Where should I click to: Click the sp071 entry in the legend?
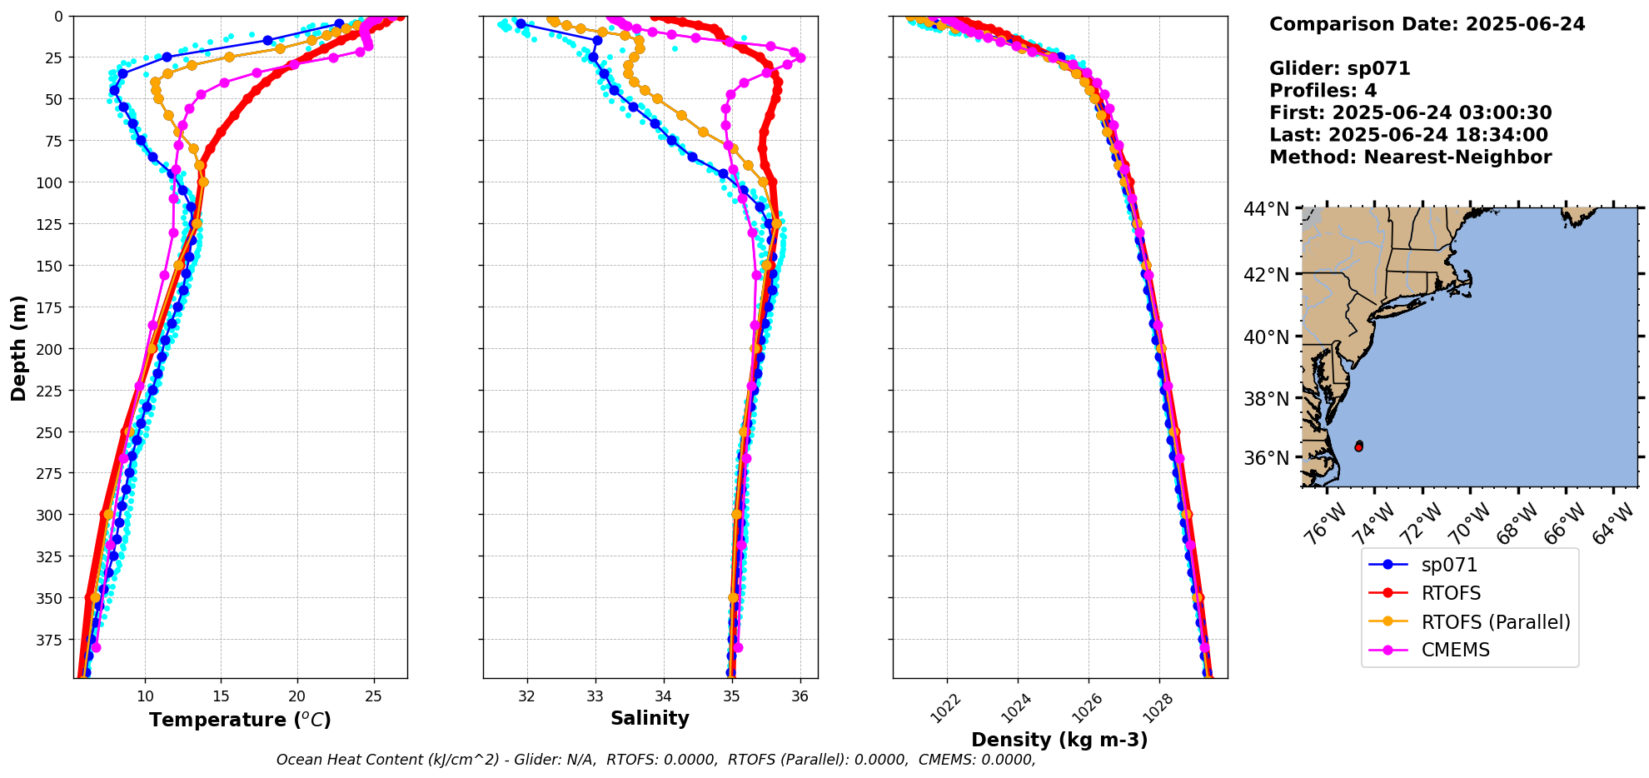point(1448,565)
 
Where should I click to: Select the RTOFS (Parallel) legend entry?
point(1495,622)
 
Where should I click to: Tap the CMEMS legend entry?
point(1455,650)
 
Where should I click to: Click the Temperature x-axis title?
point(240,720)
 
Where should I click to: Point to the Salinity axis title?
point(650,718)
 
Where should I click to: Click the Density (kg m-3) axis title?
point(1059,740)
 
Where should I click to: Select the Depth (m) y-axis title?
point(18,347)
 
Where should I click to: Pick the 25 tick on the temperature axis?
point(373,696)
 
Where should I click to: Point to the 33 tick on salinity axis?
point(595,696)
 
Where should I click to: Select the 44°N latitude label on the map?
point(1266,209)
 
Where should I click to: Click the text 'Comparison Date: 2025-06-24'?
point(1427,24)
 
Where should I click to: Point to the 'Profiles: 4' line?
point(1323,91)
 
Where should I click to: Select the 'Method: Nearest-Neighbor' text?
point(1410,157)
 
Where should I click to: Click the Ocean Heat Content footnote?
point(655,760)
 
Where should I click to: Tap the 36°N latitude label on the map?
point(1266,458)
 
